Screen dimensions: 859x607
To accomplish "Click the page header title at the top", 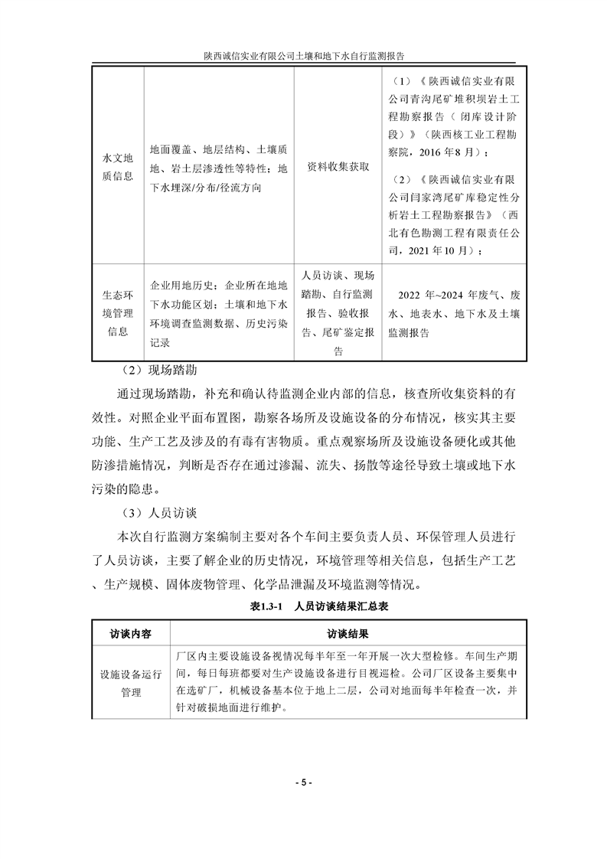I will point(303,56).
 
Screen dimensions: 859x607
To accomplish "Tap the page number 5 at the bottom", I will point(303,782).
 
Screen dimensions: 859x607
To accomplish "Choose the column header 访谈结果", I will point(348,634).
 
